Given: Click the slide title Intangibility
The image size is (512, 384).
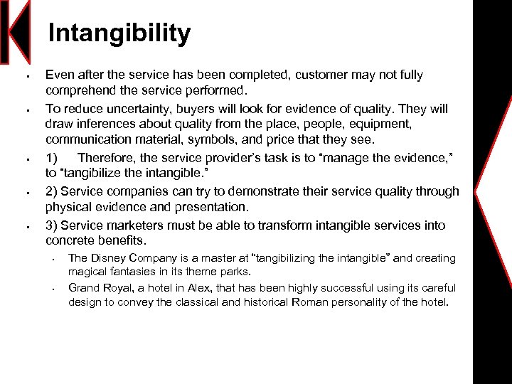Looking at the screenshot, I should click(x=119, y=33).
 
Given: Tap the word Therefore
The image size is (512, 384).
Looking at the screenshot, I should click(x=107, y=157).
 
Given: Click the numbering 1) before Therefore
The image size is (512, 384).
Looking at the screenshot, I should click(x=52, y=157).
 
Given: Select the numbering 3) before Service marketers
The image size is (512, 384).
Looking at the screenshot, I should click(x=52, y=225).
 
